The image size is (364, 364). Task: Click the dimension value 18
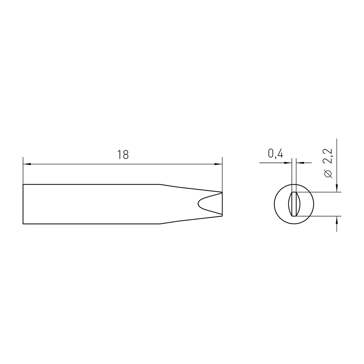click(x=123, y=155)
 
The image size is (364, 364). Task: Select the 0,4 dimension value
click(x=275, y=154)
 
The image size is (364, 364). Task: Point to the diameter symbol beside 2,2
click(x=328, y=174)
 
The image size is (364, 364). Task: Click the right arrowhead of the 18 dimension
click(x=219, y=164)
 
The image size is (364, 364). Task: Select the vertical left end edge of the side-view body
click(x=23, y=204)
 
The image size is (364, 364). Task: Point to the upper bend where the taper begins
click(x=160, y=184)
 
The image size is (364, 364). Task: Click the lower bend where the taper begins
click(x=160, y=224)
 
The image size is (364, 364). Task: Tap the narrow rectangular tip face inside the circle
click(x=294, y=204)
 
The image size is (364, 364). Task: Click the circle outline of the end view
click(x=274, y=204)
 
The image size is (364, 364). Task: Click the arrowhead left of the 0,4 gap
click(x=288, y=163)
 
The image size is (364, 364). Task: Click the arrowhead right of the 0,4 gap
click(x=300, y=163)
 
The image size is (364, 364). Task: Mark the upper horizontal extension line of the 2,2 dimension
click(x=320, y=192)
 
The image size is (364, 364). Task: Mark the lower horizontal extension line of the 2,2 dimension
click(x=320, y=216)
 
